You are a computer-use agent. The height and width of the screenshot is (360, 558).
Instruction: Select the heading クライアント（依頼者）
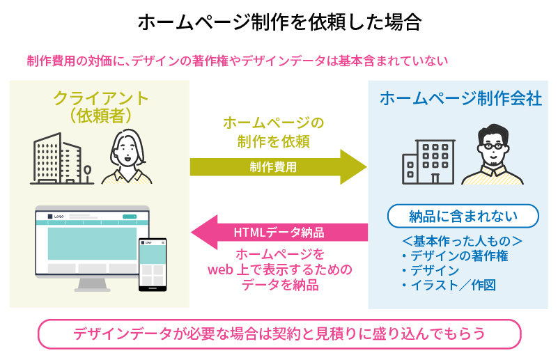(101, 106)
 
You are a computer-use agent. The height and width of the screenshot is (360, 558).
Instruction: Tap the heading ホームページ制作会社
(460, 99)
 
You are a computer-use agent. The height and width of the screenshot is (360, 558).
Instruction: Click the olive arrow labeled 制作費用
(279, 166)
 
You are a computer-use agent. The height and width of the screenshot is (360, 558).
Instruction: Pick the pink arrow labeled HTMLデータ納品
(279, 232)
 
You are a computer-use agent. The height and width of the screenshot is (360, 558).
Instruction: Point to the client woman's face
(127, 148)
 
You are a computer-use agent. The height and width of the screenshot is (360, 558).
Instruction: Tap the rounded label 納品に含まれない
(463, 216)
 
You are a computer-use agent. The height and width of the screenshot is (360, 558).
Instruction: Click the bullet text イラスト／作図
(453, 285)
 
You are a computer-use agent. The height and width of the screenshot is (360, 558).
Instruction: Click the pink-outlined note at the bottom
(279, 334)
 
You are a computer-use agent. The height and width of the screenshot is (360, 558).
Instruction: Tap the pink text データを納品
(279, 284)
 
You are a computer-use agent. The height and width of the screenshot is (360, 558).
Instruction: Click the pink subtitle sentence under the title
(236, 61)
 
